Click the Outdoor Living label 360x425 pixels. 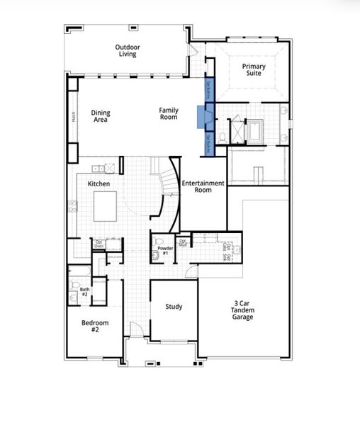(x=128, y=51)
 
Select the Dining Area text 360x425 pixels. (x=101, y=117)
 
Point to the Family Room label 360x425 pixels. (x=168, y=113)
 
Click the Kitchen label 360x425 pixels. (x=98, y=183)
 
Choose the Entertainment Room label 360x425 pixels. (x=203, y=187)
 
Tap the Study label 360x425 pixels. (x=174, y=307)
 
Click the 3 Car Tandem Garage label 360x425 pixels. (x=244, y=310)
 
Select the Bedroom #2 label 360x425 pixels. (x=95, y=326)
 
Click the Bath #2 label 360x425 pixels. (x=84, y=291)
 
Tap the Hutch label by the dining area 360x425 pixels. (x=72, y=117)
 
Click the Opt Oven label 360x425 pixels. (x=99, y=244)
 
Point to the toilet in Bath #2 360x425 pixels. (x=74, y=286)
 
